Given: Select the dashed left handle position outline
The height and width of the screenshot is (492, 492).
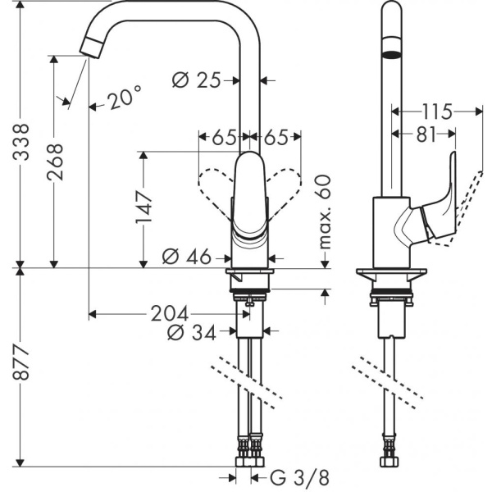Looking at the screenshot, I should point(214,185).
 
